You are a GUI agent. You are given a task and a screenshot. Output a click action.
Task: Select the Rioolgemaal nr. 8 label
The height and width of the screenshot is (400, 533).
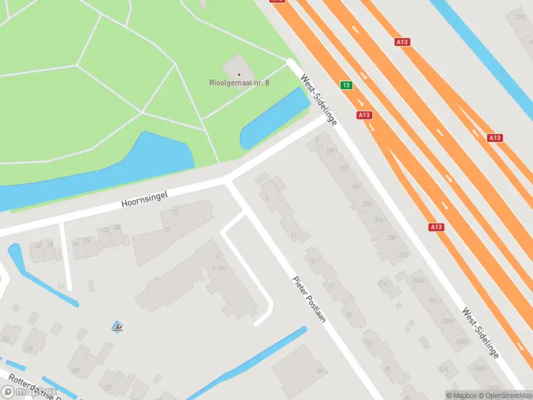pyautogui.click(x=239, y=83)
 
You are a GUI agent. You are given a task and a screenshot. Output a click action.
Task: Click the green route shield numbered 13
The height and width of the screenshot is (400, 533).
pyautogui.click(x=346, y=85)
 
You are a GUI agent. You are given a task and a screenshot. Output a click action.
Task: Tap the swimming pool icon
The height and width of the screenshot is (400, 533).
pyautogui.click(x=118, y=327)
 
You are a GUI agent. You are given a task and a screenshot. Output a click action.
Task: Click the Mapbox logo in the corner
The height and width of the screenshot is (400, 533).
pyautogui.click(x=27, y=392)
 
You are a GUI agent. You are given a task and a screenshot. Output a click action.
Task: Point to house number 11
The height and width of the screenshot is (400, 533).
pyautogui.click(x=294, y=236)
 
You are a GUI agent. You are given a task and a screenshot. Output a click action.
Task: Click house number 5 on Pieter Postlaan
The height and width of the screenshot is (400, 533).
pyautogui.click(x=266, y=198)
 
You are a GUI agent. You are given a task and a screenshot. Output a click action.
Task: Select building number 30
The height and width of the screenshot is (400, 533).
pyautogui.click(x=319, y=371)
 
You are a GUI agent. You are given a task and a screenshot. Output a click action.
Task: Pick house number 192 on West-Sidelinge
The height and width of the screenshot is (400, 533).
pyautogui.click(x=344, y=168)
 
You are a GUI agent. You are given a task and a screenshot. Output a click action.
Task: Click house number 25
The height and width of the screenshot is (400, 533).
pyautogui.click(x=367, y=342)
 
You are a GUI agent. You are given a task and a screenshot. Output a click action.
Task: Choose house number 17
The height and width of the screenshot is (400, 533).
pyautogui.click(x=330, y=286)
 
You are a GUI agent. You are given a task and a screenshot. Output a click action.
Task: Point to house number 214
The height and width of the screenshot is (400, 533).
pyautogui.click(x=382, y=283)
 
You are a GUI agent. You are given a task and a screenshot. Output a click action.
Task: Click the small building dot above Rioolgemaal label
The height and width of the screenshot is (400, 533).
pyautogui.click(x=239, y=74)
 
